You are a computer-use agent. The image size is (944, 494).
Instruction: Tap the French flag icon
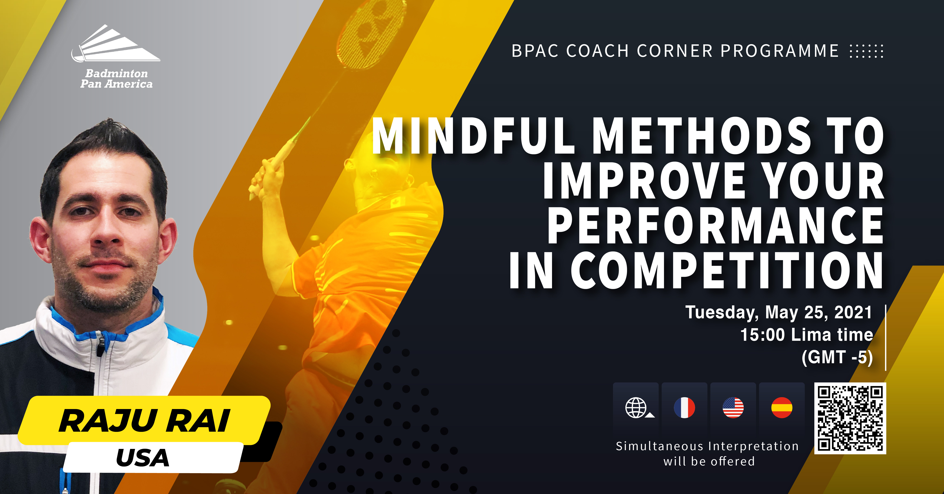[x=684, y=408]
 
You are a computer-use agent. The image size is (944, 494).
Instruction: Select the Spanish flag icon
[x=782, y=408]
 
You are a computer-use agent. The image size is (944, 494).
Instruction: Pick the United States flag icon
[x=733, y=408]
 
